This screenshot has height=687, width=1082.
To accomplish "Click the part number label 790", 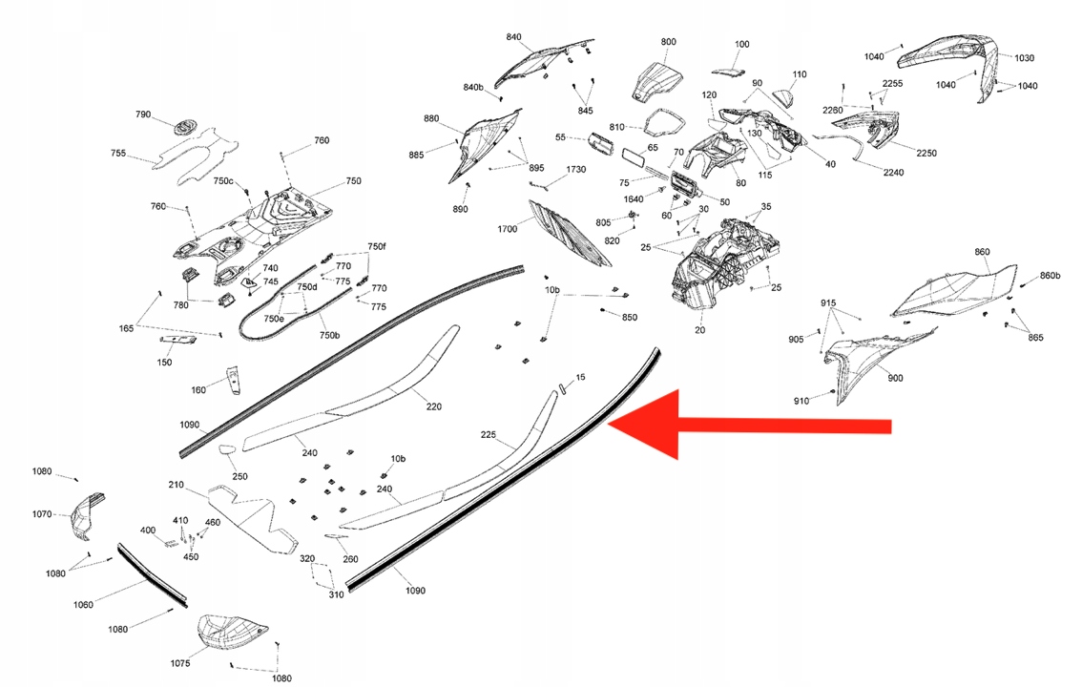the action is [143, 114].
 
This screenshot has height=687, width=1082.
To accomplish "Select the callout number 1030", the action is [1024, 58].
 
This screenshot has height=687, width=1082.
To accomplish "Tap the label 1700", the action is [508, 229].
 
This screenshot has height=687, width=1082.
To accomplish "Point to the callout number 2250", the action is [926, 153].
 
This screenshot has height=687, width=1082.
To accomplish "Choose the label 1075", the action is [180, 663].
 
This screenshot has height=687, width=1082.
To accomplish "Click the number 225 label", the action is [488, 434].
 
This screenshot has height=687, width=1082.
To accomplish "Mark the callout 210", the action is [176, 485].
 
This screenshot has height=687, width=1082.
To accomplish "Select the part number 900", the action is [895, 378].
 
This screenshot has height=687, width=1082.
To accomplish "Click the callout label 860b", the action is [1050, 276].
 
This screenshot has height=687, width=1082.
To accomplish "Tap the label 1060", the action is [83, 605].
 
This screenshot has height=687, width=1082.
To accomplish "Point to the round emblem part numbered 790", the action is [184, 128].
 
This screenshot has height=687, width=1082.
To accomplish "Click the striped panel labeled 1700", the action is [569, 233].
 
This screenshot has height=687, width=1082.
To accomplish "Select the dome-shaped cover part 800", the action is [656, 82].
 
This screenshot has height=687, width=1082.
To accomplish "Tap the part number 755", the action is [118, 153].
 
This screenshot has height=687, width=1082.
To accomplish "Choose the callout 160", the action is [198, 390].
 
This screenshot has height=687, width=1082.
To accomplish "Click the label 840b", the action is [473, 88].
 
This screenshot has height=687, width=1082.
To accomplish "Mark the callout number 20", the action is [699, 330].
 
